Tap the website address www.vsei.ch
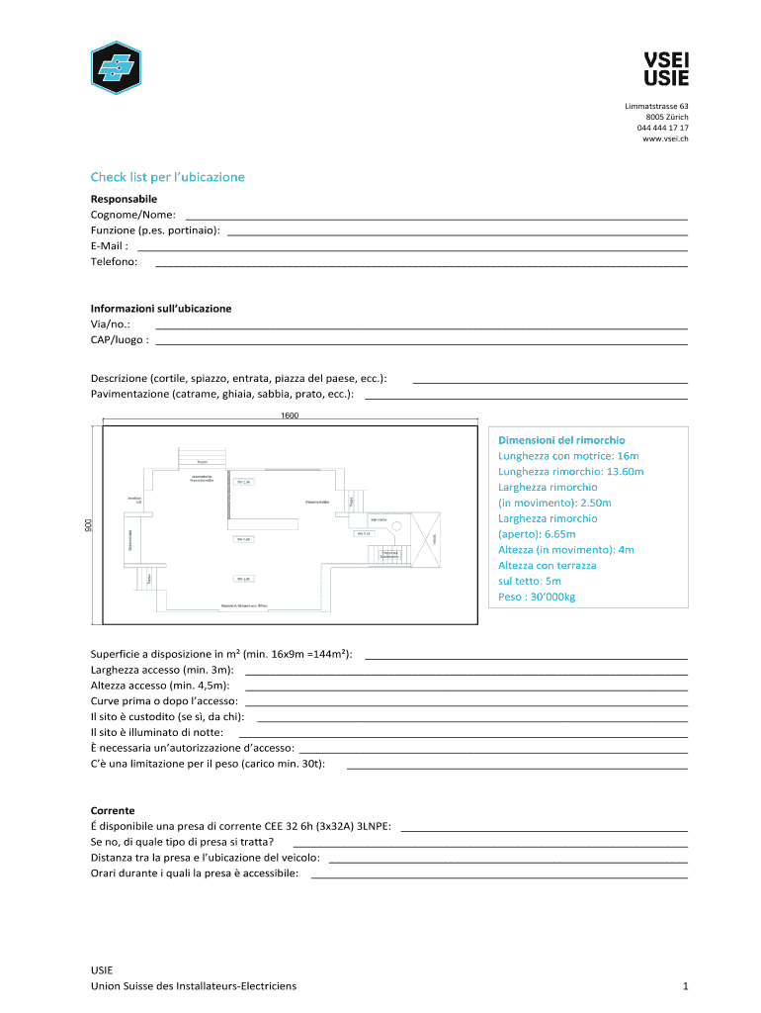665,139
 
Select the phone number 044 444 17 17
662,129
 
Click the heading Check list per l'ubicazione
167,177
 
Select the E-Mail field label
109,246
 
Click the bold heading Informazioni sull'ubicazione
161,309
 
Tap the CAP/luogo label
120,340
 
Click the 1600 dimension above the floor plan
290,415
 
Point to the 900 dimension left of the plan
87,524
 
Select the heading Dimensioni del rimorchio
560,440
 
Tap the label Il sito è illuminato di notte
156,733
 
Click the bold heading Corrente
113,810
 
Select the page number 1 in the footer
684,986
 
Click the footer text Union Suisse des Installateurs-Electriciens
193,986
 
